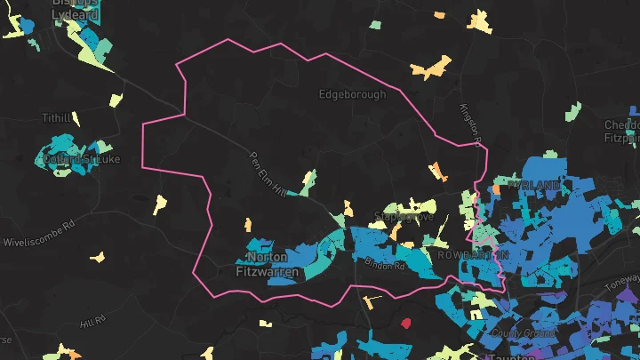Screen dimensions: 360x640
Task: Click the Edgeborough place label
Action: coord(352,93)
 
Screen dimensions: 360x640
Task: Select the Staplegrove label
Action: coord(404,216)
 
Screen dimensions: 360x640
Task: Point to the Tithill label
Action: coord(55,117)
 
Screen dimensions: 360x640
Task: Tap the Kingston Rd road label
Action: coord(469,123)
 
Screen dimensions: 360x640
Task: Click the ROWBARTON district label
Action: coord(474,254)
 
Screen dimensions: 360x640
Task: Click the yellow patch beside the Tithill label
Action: coord(76,118)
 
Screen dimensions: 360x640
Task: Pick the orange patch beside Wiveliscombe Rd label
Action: coord(97,258)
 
